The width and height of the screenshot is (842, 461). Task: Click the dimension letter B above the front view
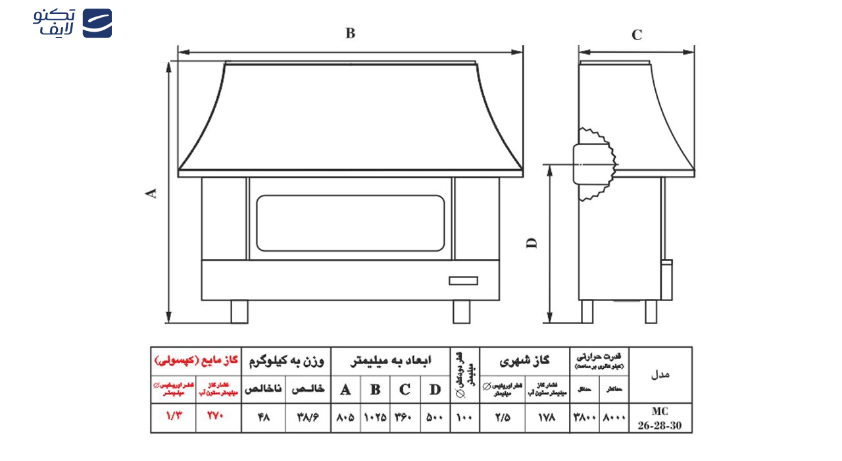(x=350, y=34)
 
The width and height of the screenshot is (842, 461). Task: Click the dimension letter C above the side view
(x=636, y=35)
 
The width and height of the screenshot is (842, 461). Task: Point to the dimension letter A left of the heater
(x=151, y=193)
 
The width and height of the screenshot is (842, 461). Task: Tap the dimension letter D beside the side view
(x=532, y=242)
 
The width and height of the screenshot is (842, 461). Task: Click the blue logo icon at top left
(x=97, y=23)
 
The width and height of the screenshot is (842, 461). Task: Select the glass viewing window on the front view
(x=350, y=223)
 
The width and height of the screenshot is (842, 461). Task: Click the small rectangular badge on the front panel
(x=463, y=281)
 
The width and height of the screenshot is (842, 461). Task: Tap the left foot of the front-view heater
(x=239, y=312)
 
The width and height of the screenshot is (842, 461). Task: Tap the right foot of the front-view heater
(x=461, y=312)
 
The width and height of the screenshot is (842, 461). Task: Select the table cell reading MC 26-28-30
(x=660, y=418)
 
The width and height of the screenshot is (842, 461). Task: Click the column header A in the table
(x=345, y=389)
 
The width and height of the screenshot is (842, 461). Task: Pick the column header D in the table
(x=435, y=389)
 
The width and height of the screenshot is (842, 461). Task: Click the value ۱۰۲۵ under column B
(x=375, y=418)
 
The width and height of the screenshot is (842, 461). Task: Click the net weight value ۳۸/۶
(x=308, y=418)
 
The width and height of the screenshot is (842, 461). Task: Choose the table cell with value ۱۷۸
(x=547, y=418)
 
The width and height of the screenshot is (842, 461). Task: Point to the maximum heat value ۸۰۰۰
(x=614, y=418)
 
